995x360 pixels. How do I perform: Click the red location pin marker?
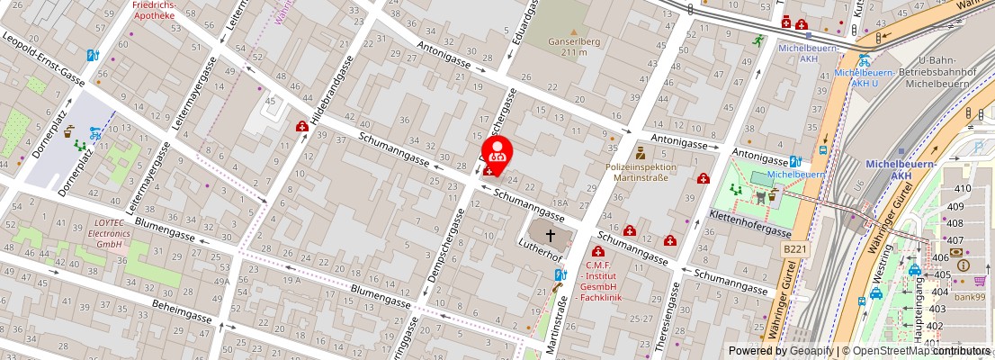(497, 152)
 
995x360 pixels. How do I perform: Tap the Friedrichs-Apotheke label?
(154, 10)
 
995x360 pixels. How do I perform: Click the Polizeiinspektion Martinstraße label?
(640, 172)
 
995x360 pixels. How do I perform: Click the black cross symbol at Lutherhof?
(551, 234)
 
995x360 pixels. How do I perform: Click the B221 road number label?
(793, 247)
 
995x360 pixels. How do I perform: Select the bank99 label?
(970, 297)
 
